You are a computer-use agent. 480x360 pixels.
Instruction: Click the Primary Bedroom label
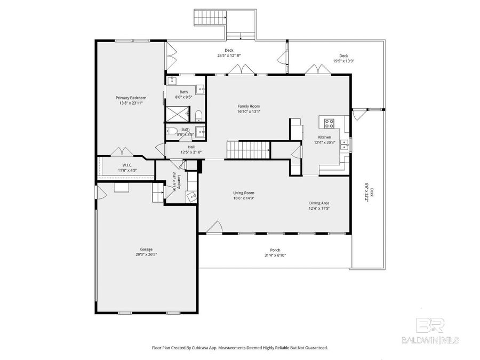tap(131, 98)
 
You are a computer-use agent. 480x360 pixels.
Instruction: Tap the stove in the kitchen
tap(329, 124)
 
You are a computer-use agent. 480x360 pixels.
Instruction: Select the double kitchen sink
tap(346, 143)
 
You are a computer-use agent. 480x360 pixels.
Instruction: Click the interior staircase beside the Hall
tap(247, 150)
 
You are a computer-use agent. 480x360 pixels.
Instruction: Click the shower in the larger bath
tap(177, 113)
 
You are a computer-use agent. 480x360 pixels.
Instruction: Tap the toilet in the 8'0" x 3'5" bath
tap(172, 131)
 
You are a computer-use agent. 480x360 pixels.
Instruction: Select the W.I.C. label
tap(127, 165)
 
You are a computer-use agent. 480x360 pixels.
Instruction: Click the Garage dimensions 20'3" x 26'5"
tap(146, 254)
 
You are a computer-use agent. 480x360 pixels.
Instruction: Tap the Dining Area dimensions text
tap(319, 209)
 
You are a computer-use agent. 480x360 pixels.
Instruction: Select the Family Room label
tap(249, 106)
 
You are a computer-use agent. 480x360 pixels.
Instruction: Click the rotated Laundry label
tap(180, 182)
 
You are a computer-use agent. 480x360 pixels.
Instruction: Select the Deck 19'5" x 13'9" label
tap(343, 55)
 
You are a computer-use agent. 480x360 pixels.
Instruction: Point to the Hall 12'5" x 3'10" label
tap(190, 147)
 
